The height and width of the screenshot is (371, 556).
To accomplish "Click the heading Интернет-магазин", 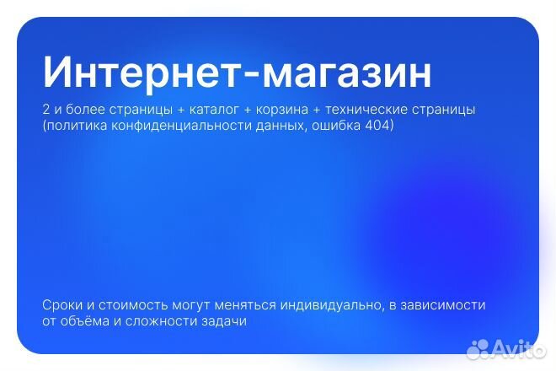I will [x=237, y=73].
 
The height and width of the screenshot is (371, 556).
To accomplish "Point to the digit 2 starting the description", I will [x=45, y=110].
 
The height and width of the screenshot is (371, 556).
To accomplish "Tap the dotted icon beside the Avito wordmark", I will [x=478, y=347].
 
